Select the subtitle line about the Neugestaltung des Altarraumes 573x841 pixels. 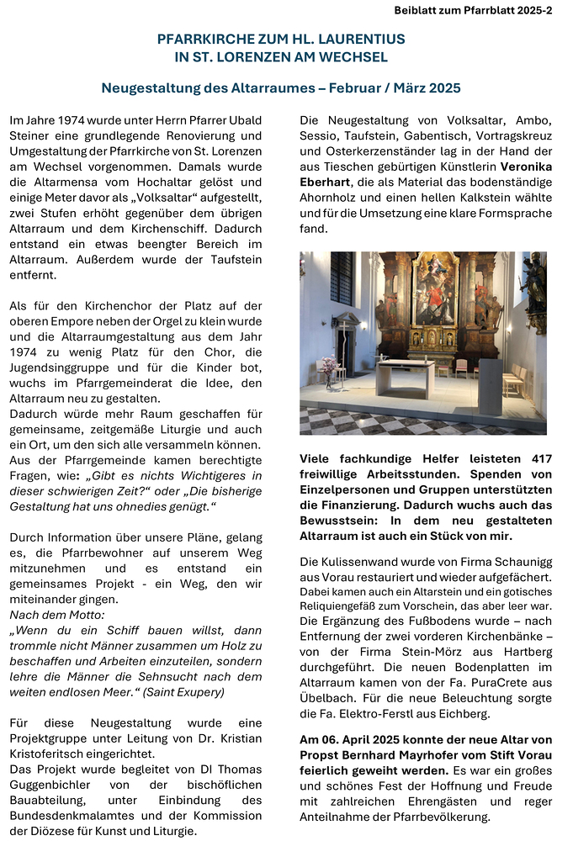[x=281, y=87]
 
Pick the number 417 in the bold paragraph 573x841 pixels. [x=537, y=459]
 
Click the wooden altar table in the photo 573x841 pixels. [x=405, y=378]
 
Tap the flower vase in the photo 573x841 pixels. [x=329, y=365]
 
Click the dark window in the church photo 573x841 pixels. [x=341, y=278]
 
